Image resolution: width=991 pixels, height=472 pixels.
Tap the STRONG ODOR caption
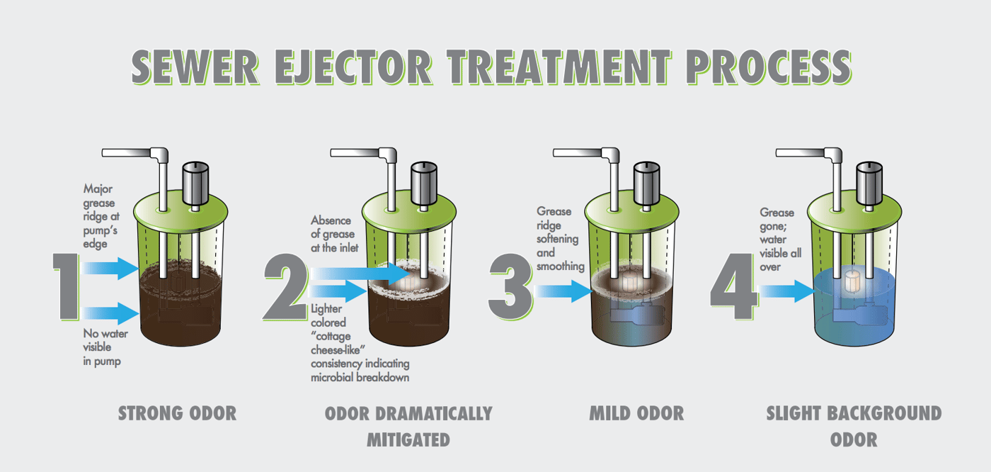coord(177,413)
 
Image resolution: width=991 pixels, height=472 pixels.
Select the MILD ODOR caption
coord(636,413)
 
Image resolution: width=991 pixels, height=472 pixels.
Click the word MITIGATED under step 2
coord(408,439)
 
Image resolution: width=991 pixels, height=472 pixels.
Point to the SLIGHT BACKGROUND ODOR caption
coord(854,425)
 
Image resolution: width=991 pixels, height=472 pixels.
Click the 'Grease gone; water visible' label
coord(781,240)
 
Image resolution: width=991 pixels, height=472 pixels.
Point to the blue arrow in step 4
coord(786,291)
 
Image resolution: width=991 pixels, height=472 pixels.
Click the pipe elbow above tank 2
coord(388,154)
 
